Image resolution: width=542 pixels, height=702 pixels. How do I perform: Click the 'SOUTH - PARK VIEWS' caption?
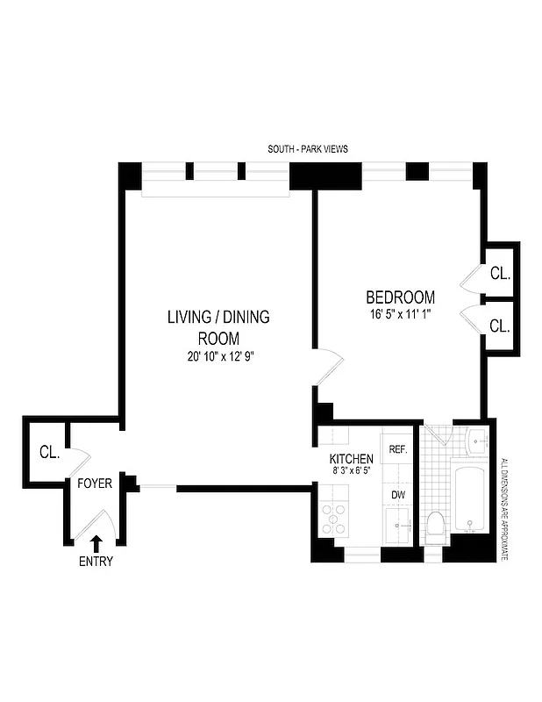tap(308, 149)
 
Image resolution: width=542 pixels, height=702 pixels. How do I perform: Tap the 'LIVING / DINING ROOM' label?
tap(218, 327)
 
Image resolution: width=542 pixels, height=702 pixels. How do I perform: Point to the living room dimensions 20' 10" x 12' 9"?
tap(218, 355)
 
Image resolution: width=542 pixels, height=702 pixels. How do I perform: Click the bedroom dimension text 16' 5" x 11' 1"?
tap(400, 313)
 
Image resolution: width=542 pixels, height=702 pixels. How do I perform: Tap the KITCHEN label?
tap(352, 459)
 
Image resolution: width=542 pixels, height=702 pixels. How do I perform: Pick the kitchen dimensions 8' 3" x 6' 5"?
tap(352, 471)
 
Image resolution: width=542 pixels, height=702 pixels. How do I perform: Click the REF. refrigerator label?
tap(398, 449)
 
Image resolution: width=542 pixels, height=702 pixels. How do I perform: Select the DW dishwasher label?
tap(398, 495)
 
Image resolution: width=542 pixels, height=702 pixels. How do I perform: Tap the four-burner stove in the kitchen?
tap(333, 520)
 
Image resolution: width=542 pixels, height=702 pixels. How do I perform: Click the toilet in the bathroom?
tap(435, 527)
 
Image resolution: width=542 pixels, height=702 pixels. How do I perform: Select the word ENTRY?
tap(96, 562)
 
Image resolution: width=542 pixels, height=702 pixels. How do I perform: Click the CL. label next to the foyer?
tap(48, 454)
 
